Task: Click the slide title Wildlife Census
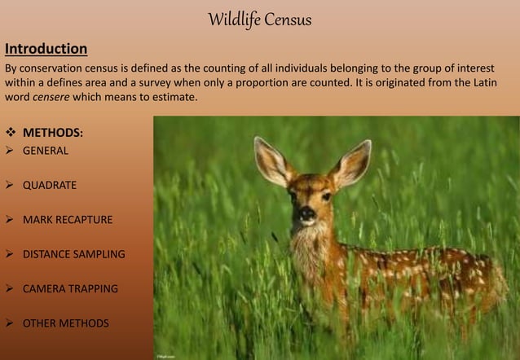coord(259,19)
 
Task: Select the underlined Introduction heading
coord(46,48)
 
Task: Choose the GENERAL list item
coord(46,151)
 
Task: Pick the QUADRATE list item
coord(50,185)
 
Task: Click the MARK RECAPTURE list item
coord(68,220)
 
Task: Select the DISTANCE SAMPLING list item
coord(74,254)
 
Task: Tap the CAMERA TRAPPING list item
coord(70,288)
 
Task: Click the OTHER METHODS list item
coord(65,323)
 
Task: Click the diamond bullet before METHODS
coord(11,132)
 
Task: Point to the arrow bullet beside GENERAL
coord(11,151)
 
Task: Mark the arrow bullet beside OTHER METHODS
coord(11,323)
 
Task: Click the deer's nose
coord(306,213)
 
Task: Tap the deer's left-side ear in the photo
coord(271,160)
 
